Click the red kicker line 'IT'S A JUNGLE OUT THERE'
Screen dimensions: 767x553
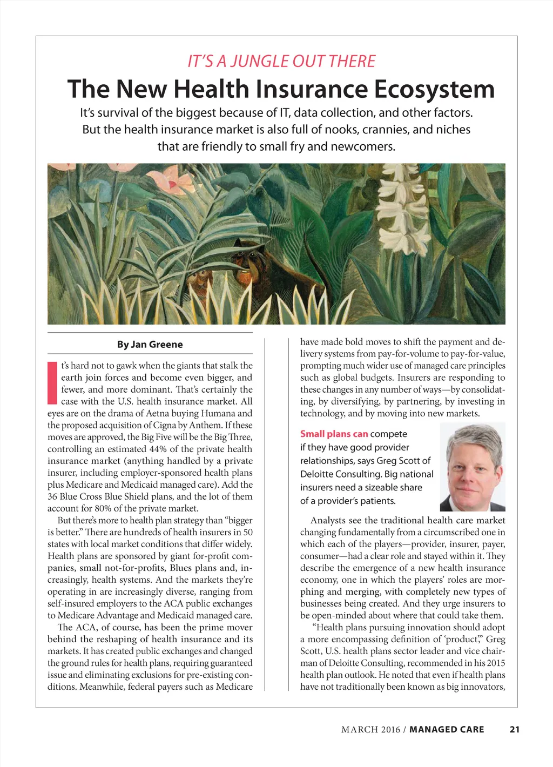281,61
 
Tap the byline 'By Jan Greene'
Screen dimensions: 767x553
150,344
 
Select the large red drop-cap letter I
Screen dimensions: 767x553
52,382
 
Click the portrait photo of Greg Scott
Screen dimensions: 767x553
473,467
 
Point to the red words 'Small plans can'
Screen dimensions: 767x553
334,434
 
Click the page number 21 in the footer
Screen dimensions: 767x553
514,729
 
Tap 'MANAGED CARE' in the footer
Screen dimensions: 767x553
447,729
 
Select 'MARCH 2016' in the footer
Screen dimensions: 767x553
370,729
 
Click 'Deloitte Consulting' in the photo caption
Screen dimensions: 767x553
339,474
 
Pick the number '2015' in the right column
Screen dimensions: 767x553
495,663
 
